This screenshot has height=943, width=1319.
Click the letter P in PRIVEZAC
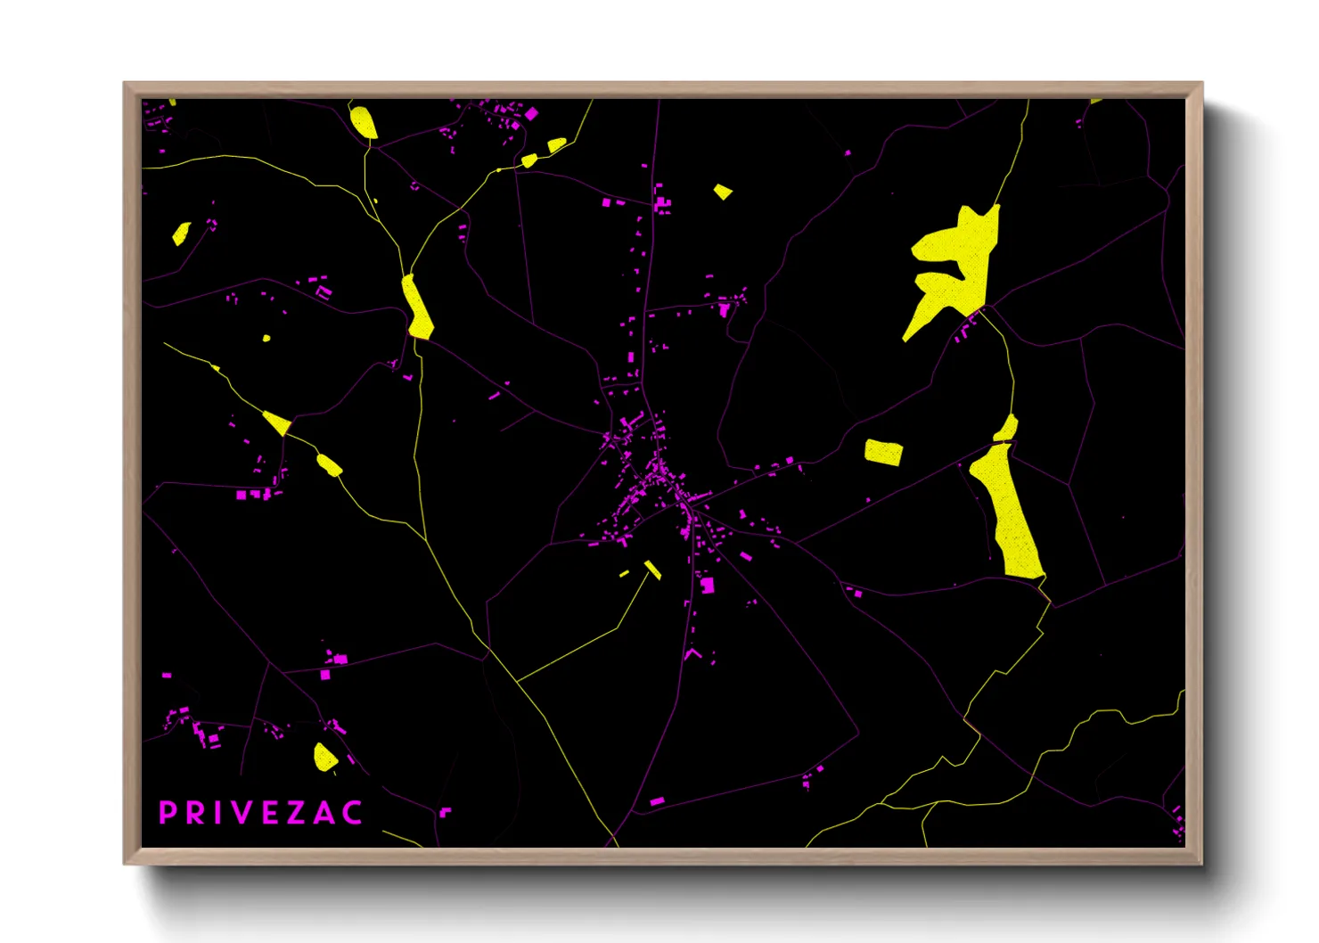pos(167,813)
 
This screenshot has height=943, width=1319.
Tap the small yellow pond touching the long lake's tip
pos(1007,429)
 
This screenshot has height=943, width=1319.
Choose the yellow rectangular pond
pos(883,452)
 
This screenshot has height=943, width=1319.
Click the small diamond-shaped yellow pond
pos(723,191)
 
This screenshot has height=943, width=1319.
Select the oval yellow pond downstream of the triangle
pos(329,464)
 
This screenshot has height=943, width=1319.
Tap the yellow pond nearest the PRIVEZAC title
pos(324,758)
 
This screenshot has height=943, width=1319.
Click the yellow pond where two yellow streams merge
pos(417,307)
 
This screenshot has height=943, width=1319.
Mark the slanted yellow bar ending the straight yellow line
pos(652,570)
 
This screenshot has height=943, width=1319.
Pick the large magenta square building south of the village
pos(708,585)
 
